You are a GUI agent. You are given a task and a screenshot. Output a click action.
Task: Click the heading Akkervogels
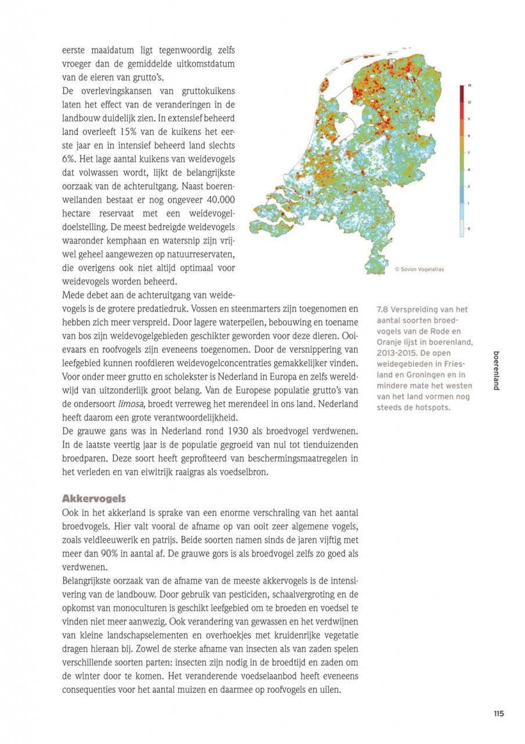coord(94,499)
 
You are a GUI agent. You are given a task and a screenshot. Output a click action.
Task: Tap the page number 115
coord(499,714)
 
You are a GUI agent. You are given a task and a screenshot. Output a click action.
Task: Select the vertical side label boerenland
coord(496,370)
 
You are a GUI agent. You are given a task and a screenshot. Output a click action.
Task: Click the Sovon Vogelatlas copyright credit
coord(419,269)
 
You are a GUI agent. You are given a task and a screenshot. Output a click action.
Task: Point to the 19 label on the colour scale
coord(469,86)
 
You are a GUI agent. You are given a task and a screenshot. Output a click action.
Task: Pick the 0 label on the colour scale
coord(469,228)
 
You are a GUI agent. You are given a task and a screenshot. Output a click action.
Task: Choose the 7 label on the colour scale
coord(469,152)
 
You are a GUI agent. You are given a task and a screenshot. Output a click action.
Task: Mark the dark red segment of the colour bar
coord(462,93)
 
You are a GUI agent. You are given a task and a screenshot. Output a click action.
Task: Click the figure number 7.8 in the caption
coord(383,310)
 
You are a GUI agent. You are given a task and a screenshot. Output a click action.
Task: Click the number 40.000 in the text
coord(217,199)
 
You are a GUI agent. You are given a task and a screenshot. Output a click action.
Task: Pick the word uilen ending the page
coord(330,689)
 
